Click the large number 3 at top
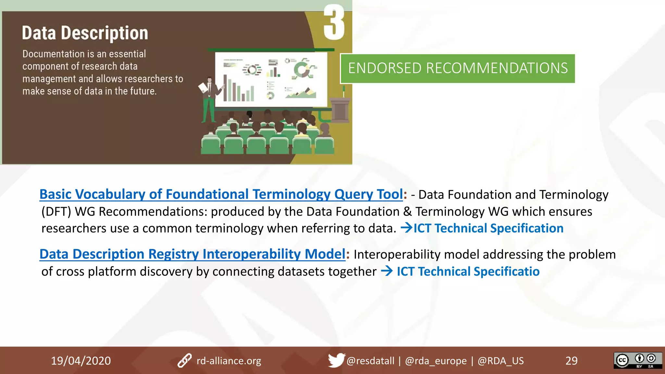[x=334, y=23]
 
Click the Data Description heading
[x=85, y=33]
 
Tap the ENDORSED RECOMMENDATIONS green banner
[x=458, y=69]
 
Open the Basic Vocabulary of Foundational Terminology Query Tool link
[x=221, y=194]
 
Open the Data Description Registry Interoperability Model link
[x=192, y=254]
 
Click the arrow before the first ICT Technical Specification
[x=406, y=228]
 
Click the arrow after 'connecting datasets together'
[x=386, y=271]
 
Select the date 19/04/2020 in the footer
[x=81, y=361]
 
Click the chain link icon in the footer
[x=184, y=360]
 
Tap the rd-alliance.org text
[x=229, y=361]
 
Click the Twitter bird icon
[x=336, y=360]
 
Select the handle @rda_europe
[x=435, y=361]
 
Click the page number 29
[x=571, y=361]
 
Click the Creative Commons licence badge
[x=637, y=360]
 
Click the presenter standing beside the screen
[x=209, y=97]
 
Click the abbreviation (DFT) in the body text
[x=56, y=212]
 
